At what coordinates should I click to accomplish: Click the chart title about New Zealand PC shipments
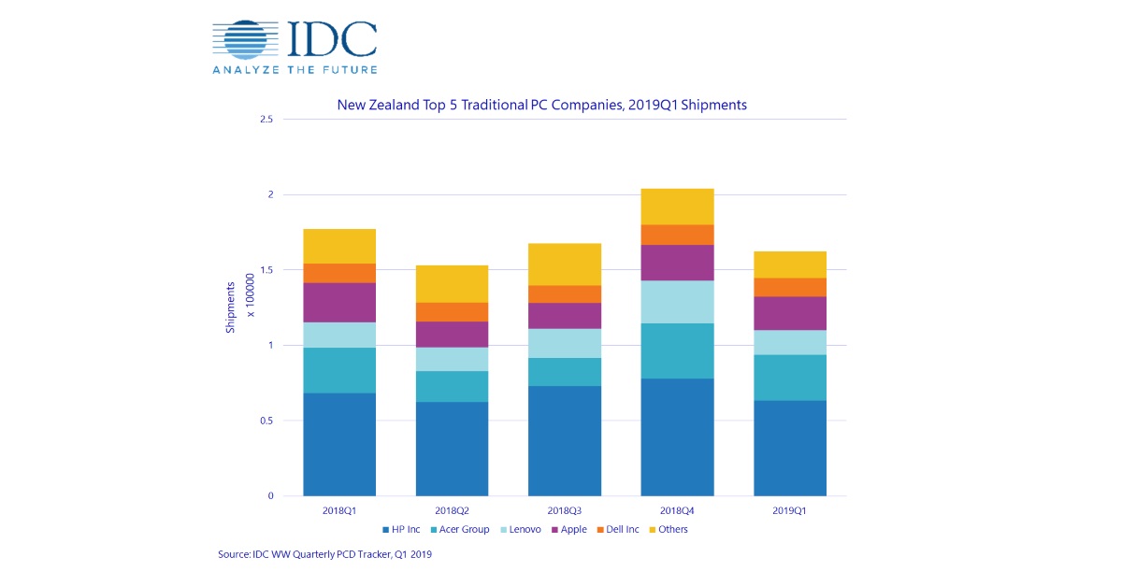point(541,105)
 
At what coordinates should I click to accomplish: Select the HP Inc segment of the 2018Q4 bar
point(676,436)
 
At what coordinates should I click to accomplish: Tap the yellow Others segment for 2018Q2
point(452,284)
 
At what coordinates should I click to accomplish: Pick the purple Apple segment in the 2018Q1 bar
point(339,302)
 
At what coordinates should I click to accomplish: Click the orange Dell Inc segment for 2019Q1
point(789,287)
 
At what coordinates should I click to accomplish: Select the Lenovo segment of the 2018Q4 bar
point(676,302)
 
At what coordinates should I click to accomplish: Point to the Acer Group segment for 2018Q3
point(564,372)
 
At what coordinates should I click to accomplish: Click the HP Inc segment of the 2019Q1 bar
point(789,448)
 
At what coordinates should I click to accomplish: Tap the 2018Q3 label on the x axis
point(564,511)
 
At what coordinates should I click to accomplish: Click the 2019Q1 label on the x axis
point(789,511)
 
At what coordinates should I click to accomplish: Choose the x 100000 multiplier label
point(250,294)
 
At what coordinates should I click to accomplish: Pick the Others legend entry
point(668,530)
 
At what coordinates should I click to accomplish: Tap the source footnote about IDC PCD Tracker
point(324,555)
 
